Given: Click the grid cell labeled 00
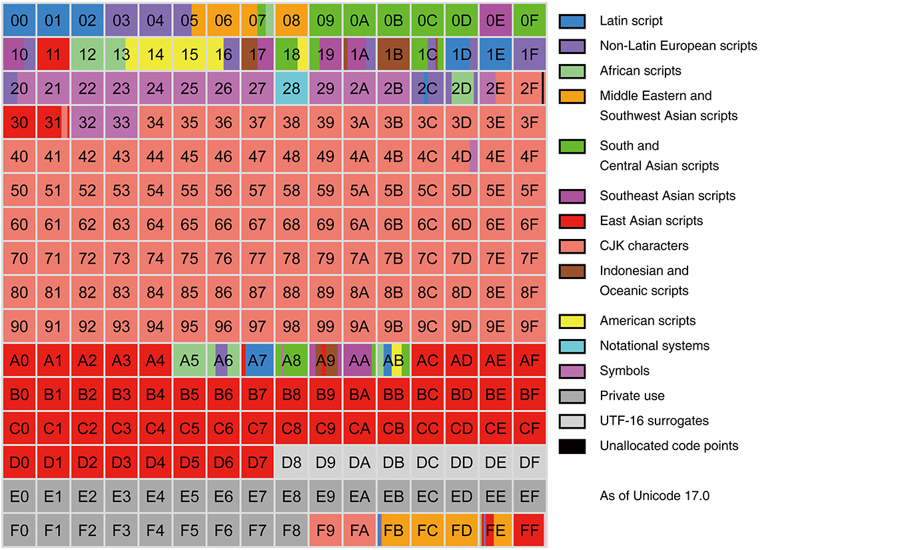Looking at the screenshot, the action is tap(19, 20).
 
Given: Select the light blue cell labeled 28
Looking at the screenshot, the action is tap(291, 89).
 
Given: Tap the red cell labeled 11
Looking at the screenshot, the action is tap(53, 54).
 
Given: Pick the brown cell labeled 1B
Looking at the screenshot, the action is tap(393, 54).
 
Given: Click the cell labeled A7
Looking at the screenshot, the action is tap(257, 360).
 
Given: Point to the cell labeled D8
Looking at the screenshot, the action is tap(291, 462).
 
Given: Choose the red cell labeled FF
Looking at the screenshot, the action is tap(529, 530).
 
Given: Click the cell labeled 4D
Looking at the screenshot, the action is tap(461, 156).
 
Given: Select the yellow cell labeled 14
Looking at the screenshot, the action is tap(155, 54).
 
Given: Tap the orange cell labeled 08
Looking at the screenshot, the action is tap(291, 20).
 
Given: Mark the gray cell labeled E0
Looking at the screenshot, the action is tap(19, 496).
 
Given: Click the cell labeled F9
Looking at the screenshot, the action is tap(326, 530).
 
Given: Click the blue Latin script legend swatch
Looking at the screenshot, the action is tap(572, 21).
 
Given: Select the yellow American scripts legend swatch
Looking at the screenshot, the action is tap(572, 321).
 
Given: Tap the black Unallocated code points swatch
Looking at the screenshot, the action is tap(572, 446).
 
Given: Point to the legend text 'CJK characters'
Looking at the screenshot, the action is tap(644, 245).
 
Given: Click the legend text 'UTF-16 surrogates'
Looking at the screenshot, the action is tap(654, 420).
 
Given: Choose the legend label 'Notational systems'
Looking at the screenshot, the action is tap(654, 346).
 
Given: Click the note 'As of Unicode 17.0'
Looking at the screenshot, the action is tap(654, 495).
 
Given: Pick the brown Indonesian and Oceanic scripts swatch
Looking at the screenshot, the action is tap(572, 272).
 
